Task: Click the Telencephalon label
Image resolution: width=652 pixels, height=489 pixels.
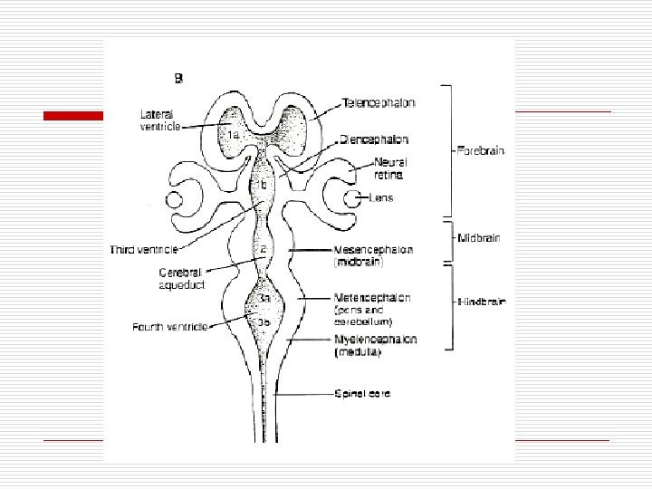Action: [378, 103]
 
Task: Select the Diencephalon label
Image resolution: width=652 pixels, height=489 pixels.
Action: [373, 140]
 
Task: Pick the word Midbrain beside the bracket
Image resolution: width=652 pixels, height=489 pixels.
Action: [479, 237]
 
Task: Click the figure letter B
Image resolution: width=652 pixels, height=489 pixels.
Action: [178, 79]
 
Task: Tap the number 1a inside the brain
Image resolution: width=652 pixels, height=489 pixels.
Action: [233, 134]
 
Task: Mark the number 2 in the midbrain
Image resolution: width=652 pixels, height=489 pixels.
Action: [264, 249]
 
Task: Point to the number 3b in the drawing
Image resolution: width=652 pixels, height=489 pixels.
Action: [263, 321]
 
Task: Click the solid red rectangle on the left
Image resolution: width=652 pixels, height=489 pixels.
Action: [76, 115]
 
